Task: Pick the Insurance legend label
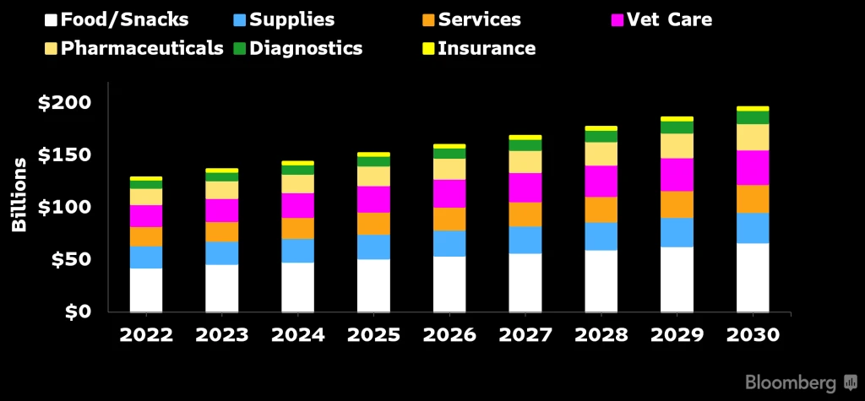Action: click(x=486, y=48)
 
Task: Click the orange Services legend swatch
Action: click(x=427, y=19)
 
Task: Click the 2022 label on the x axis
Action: click(x=146, y=334)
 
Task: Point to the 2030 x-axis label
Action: click(x=753, y=334)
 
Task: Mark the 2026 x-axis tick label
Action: click(x=449, y=334)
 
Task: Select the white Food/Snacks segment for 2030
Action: click(x=753, y=278)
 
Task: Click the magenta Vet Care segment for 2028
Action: click(x=601, y=181)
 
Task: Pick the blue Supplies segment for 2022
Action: click(x=146, y=257)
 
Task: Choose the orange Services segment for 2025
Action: click(x=373, y=224)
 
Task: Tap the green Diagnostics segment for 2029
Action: click(x=677, y=127)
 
